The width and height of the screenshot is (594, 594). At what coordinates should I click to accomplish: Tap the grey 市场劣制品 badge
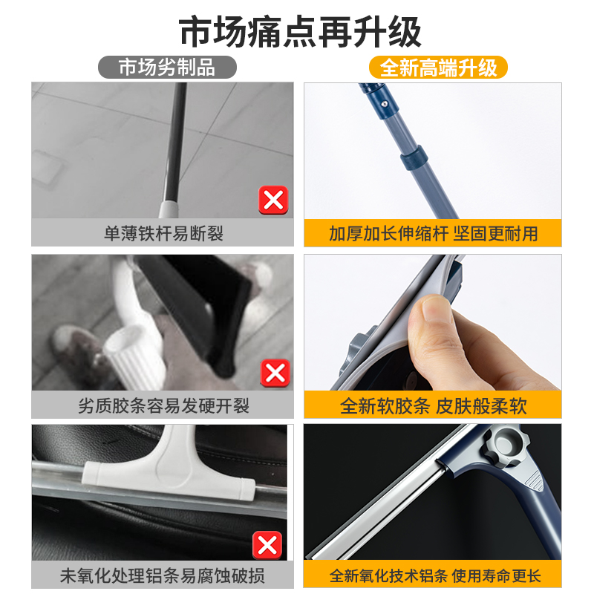coord(168,68)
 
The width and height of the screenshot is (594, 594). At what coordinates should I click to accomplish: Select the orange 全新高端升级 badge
coord(437,68)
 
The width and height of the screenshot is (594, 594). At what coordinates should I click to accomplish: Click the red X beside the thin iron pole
coord(273,200)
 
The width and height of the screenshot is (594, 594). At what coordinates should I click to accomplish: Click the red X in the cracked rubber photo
coord(273,372)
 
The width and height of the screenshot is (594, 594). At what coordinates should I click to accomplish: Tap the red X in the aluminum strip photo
coord(267,545)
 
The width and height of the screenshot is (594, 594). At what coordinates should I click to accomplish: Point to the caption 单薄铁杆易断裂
coord(163,233)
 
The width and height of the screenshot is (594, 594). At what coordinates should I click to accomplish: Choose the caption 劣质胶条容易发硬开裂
coord(163,405)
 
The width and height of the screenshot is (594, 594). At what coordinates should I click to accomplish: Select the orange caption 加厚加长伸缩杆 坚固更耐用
coord(433,233)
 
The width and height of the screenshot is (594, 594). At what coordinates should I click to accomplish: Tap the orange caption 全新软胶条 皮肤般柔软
coord(433,405)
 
